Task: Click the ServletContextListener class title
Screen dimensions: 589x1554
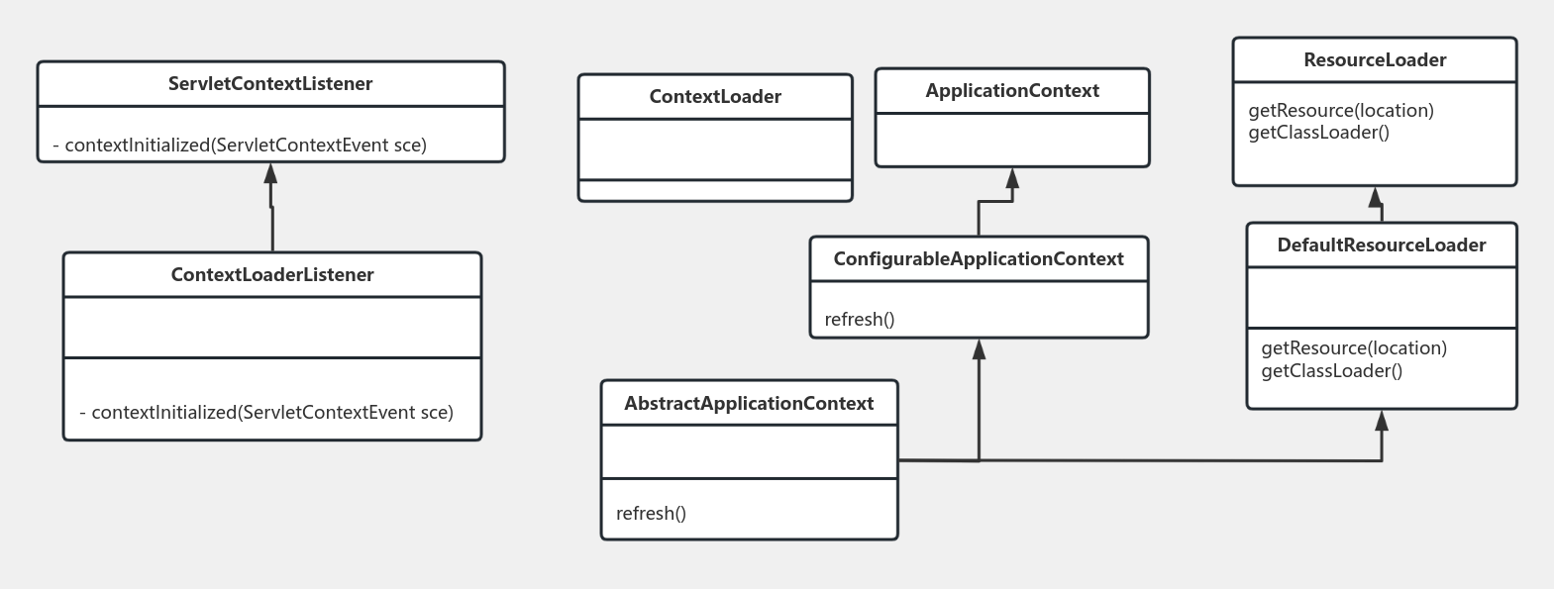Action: (x=270, y=84)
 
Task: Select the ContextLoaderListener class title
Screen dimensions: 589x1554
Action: (x=272, y=275)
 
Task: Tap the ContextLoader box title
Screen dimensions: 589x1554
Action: (x=715, y=97)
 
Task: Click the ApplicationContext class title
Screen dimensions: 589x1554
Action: (x=1012, y=91)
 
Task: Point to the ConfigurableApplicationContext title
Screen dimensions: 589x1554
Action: (x=979, y=259)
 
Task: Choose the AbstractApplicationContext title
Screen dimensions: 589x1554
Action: (x=749, y=404)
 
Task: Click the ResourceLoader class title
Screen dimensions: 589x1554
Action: (x=1375, y=60)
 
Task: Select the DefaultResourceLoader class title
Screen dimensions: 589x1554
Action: (x=1382, y=245)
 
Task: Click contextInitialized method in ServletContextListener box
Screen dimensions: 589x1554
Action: (x=240, y=146)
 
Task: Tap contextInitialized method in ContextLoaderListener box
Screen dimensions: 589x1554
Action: (x=266, y=413)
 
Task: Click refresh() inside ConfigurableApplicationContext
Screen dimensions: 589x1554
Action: (x=860, y=320)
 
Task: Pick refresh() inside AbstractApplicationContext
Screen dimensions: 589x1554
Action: (x=651, y=514)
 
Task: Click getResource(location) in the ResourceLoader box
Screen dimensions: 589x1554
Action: (x=1341, y=111)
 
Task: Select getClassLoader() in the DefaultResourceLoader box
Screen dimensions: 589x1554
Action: (x=1332, y=371)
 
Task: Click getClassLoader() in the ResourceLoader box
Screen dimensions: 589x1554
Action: (x=1319, y=133)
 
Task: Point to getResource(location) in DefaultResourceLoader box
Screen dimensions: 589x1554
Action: (x=1354, y=348)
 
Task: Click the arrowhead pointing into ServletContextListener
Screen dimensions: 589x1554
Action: (x=270, y=174)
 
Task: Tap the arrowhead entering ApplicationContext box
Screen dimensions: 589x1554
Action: (x=1012, y=179)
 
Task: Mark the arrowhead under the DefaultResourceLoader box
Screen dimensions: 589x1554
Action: (x=1382, y=422)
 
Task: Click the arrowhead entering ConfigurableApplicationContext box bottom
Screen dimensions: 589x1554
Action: (x=980, y=349)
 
